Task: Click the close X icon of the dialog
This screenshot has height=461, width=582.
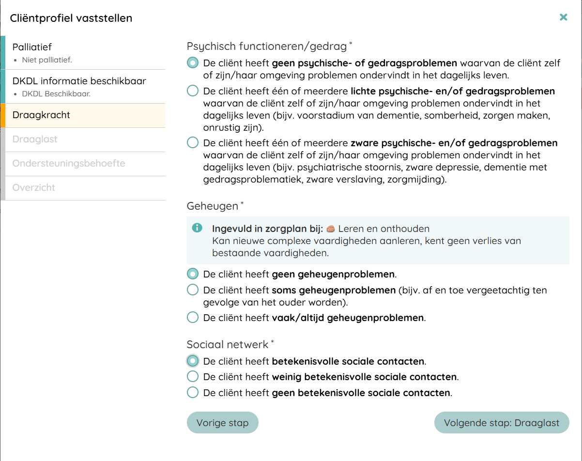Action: click(563, 17)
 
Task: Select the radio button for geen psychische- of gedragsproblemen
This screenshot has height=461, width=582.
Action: click(193, 63)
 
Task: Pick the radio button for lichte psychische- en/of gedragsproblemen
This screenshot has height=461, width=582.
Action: click(193, 91)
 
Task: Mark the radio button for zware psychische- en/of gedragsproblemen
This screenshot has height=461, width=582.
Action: click(193, 143)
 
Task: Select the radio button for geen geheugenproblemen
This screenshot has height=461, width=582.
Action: click(193, 274)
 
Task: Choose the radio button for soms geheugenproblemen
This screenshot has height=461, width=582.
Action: click(193, 290)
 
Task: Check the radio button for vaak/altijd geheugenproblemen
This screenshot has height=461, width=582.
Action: click(193, 318)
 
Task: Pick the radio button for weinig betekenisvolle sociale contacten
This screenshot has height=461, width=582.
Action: click(193, 377)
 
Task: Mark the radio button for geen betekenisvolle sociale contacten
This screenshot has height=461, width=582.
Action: click(193, 392)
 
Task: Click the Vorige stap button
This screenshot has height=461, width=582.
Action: click(222, 423)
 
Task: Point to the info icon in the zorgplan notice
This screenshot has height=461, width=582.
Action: click(197, 228)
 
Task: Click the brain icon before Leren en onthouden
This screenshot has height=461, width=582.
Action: click(331, 229)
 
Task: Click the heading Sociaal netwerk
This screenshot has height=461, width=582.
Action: click(228, 344)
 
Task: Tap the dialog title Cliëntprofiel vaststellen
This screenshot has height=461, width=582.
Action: click(71, 18)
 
